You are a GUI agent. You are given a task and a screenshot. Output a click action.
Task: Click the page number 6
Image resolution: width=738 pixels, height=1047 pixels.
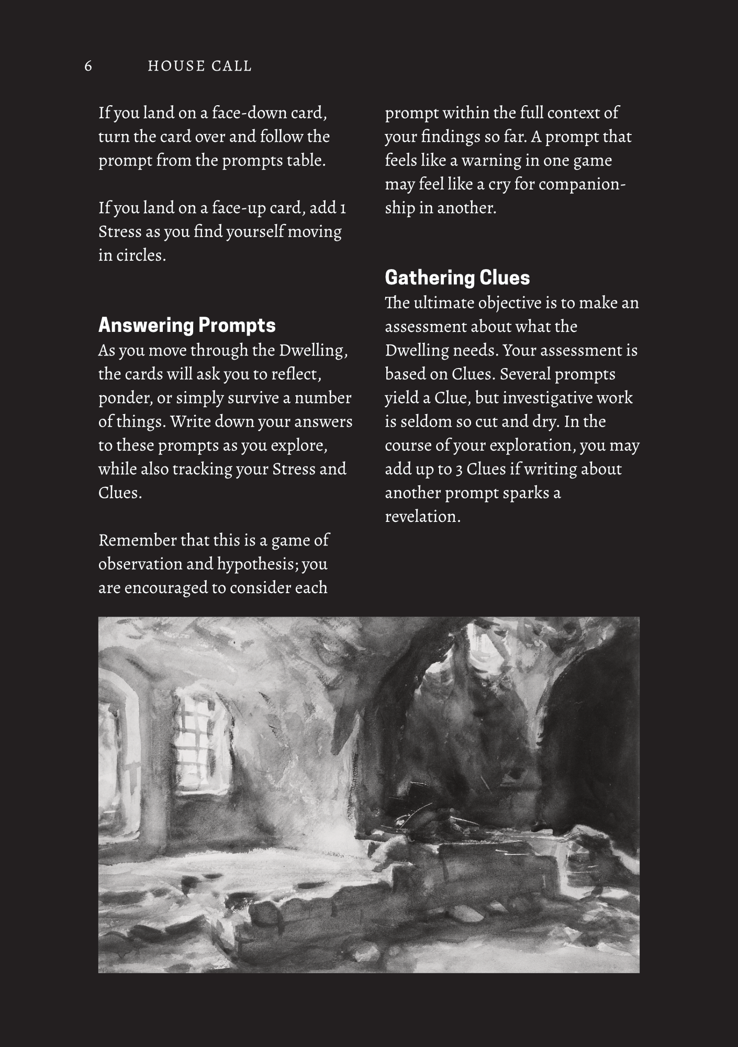coord(88,66)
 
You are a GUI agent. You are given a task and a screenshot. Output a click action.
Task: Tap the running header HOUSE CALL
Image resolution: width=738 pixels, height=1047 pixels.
coord(200,66)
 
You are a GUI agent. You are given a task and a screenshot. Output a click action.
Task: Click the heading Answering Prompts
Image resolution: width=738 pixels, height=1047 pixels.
coord(187,325)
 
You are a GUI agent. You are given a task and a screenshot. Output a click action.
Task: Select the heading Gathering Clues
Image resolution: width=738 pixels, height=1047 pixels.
coord(457,277)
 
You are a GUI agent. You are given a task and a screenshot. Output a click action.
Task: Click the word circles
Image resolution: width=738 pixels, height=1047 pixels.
coord(140,255)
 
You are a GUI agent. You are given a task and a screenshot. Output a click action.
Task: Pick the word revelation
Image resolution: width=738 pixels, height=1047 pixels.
coord(422,517)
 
